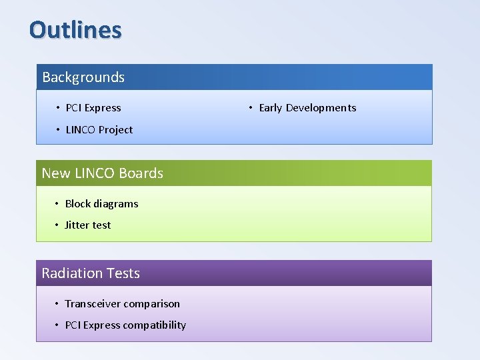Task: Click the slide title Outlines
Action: pyautogui.click(x=75, y=30)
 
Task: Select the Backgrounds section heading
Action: pyautogui.click(x=83, y=77)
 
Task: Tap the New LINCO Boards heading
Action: pyautogui.click(x=102, y=173)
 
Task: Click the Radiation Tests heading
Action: pyautogui.click(x=91, y=273)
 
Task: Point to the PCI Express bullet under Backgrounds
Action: pyautogui.click(x=93, y=108)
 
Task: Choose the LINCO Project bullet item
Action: pyautogui.click(x=99, y=130)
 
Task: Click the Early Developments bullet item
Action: pyautogui.click(x=307, y=108)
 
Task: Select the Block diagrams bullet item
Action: pyautogui.click(x=101, y=204)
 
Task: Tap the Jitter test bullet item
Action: pyautogui.click(x=87, y=225)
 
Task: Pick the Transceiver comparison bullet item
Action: pyautogui.click(x=122, y=304)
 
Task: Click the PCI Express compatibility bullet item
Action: pyautogui.click(x=125, y=325)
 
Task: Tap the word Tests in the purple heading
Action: pyautogui.click(x=125, y=273)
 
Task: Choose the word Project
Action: pyautogui.click(x=116, y=130)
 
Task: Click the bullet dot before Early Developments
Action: pyautogui.click(x=251, y=108)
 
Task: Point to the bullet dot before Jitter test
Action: pyautogui.click(x=57, y=225)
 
